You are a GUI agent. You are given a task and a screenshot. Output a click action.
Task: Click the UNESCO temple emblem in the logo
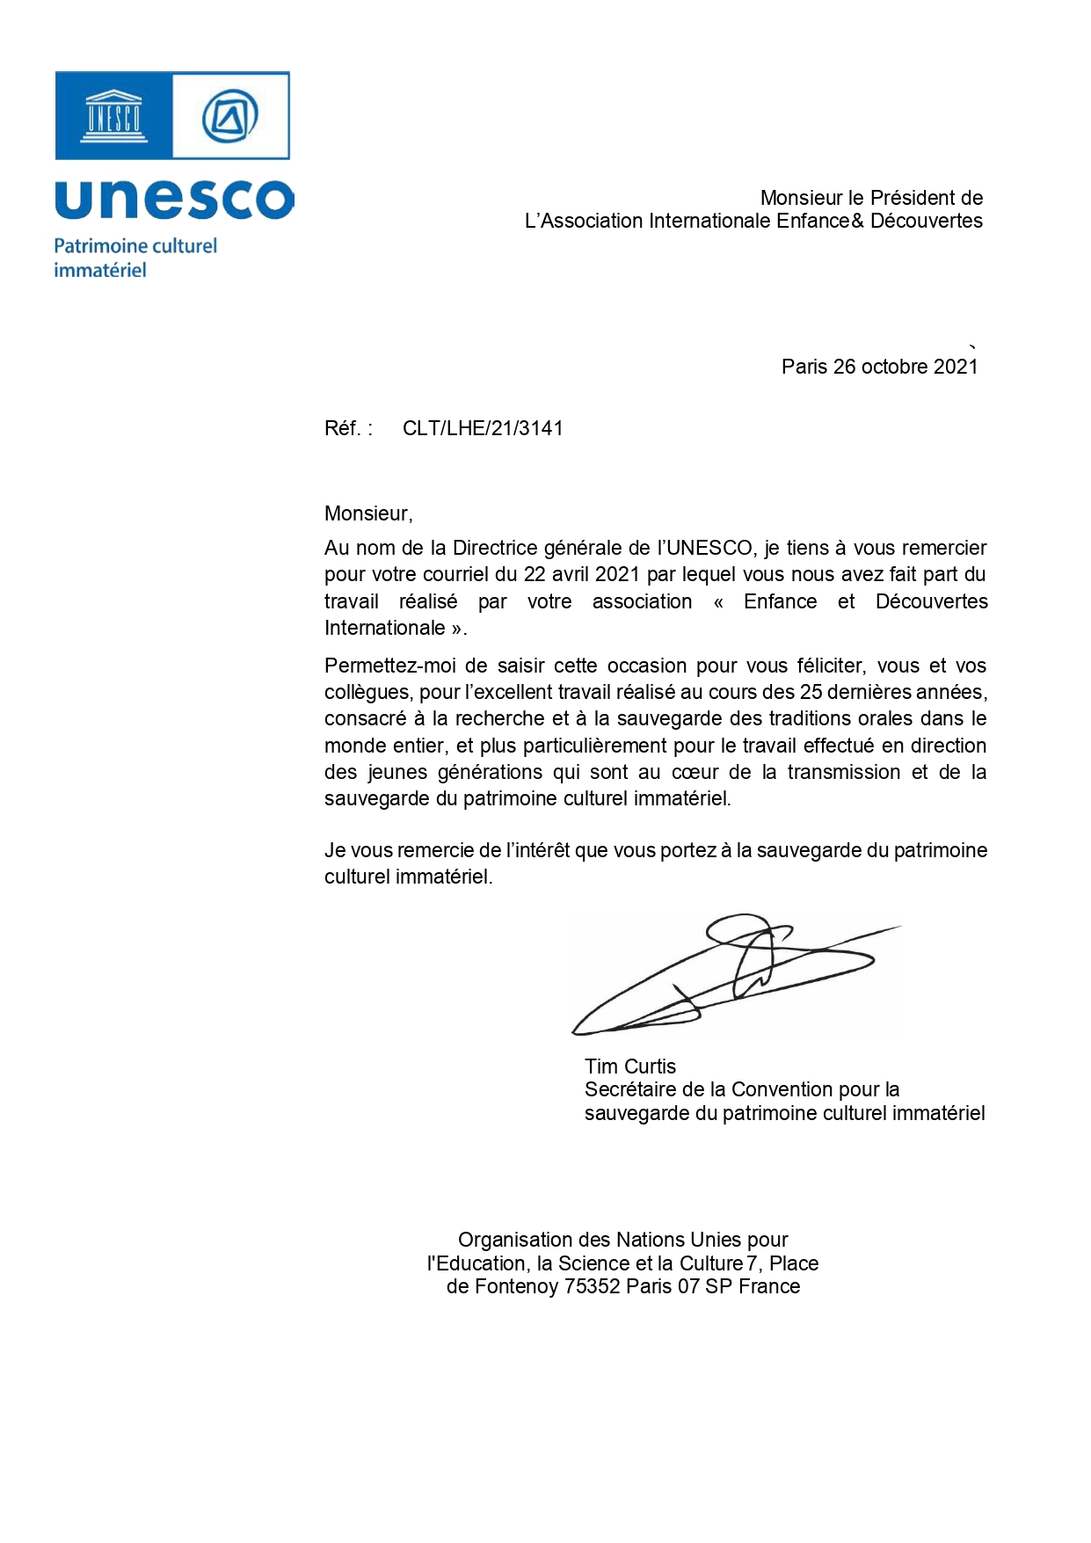pos(113,116)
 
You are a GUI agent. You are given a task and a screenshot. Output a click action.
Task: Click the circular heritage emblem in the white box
pos(230,116)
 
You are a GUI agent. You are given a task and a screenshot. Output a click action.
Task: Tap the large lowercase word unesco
pos(174,200)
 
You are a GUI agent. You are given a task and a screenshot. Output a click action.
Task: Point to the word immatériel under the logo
pos(100,271)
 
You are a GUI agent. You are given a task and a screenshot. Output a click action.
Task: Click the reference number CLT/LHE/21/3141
pos(483,428)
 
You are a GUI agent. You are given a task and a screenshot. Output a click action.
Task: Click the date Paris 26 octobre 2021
pos(879,367)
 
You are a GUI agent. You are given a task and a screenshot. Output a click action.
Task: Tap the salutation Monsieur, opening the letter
pos(368,513)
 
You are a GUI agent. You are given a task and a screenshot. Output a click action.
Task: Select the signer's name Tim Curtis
pos(630,1066)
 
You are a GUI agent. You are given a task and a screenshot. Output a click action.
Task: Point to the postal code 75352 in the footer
pos(593,1287)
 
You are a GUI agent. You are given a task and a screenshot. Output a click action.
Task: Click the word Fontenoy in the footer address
pos(516,1287)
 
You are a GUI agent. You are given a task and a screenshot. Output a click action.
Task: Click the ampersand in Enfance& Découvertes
pos(858,221)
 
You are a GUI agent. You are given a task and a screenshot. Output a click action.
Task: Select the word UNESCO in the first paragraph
pos(709,548)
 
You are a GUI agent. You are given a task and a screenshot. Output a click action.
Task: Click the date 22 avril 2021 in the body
pos(582,574)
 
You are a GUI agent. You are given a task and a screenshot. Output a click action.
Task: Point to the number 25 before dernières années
pos(811,692)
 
